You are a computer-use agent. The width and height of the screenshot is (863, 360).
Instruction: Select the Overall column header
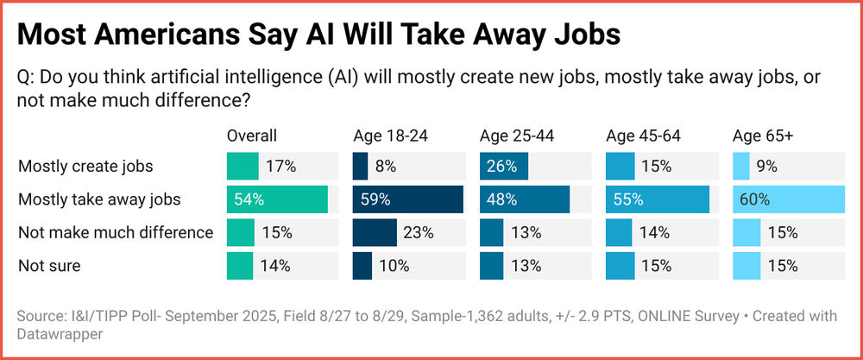point(252,136)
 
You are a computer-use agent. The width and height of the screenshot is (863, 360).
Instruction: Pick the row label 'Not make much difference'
point(116,232)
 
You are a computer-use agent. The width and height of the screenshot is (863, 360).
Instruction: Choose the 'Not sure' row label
point(49,266)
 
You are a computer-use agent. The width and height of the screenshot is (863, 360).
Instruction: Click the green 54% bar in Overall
point(277,199)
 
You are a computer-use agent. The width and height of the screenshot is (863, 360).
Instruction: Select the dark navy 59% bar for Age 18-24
point(408,199)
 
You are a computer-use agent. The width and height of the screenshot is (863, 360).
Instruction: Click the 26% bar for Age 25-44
point(504,166)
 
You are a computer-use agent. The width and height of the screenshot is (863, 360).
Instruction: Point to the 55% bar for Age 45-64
point(658,199)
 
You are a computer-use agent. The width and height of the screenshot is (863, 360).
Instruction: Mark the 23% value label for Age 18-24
point(418,232)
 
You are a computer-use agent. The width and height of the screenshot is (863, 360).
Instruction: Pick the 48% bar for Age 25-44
point(525,199)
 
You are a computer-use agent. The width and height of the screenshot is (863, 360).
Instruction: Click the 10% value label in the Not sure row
point(393,266)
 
